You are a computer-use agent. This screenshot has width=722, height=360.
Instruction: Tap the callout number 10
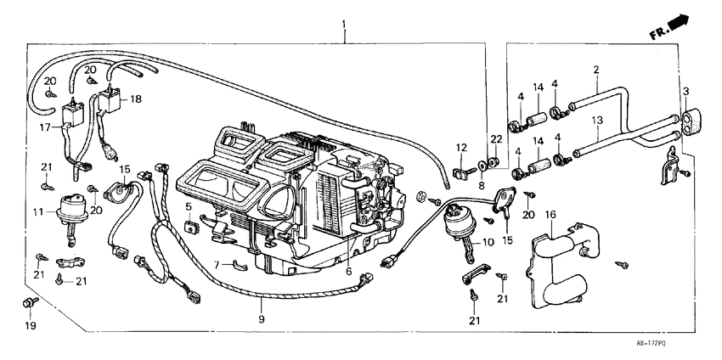pyautogui.click(x=488, y=242)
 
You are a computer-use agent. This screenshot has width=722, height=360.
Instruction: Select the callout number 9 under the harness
pyautogui.click(x=262, y=319)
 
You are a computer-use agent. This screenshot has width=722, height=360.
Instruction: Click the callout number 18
pyautogui.click(x=136, y=99)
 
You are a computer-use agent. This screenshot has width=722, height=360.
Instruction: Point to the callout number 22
pyautogui.click(x=495, y=139)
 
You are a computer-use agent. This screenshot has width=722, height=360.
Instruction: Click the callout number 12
pyautogui.click(x=461, y=149)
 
